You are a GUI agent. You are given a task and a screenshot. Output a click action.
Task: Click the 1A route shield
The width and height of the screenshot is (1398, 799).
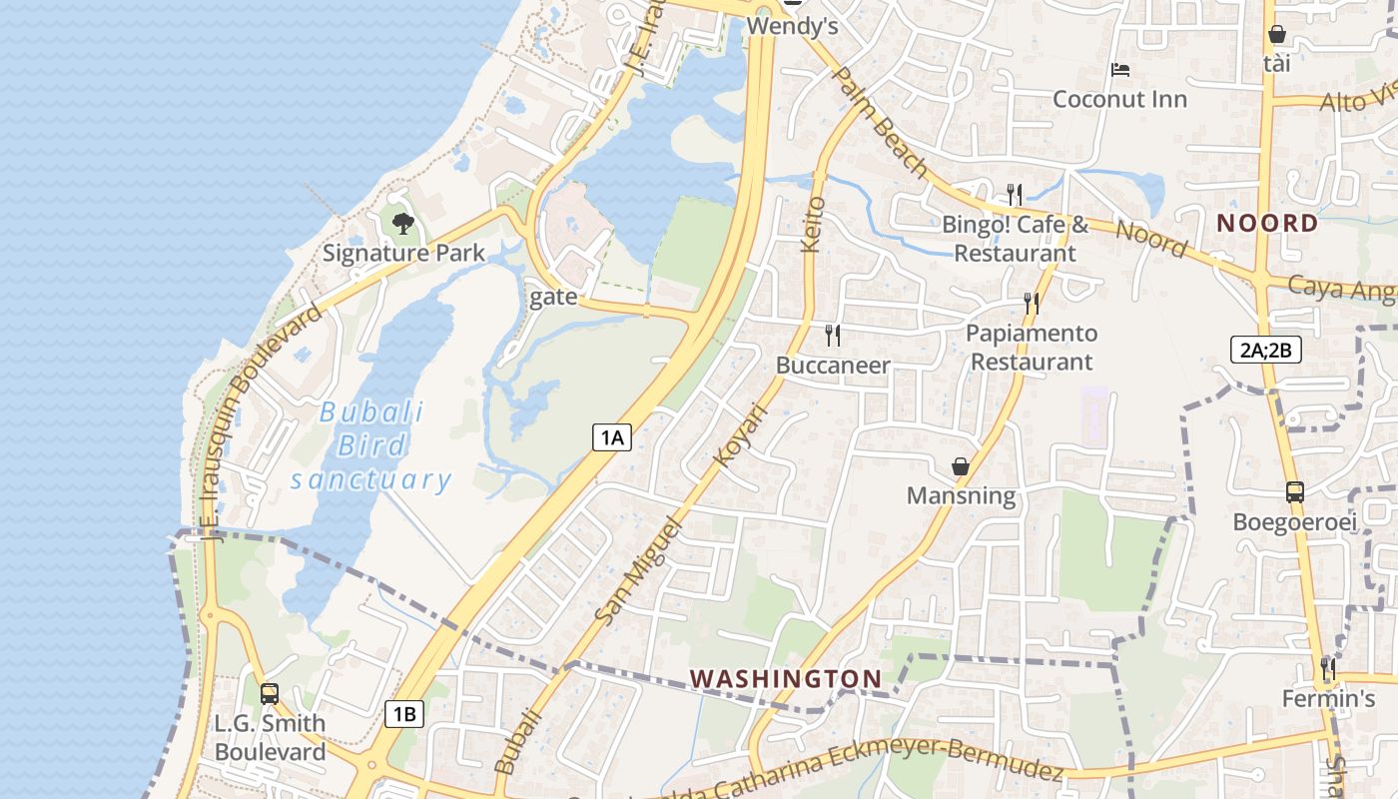(x=612, y=436)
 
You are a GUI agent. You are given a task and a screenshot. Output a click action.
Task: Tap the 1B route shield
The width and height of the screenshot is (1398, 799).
(x=404, y=714)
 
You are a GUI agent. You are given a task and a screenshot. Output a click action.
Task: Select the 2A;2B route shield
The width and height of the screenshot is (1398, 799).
(x=1265, y=350)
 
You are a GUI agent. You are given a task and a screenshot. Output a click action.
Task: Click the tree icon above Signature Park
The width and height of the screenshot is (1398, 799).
(x=402, y=223)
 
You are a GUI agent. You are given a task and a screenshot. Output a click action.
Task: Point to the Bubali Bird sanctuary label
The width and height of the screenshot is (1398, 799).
(x=371, y=445)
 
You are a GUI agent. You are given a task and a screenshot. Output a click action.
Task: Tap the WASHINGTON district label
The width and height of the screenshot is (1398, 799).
(x=786, y=679)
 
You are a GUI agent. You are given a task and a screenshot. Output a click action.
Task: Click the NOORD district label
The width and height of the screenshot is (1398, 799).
(x=1267, y=223)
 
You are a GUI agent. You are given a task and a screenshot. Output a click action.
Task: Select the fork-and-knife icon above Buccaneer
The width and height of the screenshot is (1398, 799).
(x=833, y=336)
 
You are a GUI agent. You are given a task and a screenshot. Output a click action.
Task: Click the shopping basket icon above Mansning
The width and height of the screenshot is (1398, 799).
(x=960, y=466)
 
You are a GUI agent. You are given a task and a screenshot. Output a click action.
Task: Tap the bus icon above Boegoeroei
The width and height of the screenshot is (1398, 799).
(x=1294, y=491)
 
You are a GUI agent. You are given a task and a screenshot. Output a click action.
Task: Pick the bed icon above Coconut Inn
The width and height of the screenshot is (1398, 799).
(x=1120, y=70)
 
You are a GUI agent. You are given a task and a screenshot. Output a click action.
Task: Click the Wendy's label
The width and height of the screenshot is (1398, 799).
(x=792, y=26)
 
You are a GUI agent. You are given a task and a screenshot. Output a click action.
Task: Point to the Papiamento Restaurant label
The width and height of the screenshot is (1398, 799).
(x=1032, y=347)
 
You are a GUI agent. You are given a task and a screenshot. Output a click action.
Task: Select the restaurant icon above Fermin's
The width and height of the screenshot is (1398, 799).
(x=1328, y=667)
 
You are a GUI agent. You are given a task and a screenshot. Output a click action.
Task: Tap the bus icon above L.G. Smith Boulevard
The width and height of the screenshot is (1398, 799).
(x=269, y=693)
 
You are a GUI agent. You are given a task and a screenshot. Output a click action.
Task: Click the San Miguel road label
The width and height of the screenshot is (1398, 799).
(x=636, y=571)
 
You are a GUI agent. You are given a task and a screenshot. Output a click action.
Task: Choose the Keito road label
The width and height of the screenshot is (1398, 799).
(x=814, y=224)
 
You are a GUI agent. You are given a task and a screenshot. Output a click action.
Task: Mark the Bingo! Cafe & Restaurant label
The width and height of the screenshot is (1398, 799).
(x=1016, y=239)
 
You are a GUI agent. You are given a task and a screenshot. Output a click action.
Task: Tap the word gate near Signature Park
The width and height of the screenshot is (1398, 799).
(x=553, y=297)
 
